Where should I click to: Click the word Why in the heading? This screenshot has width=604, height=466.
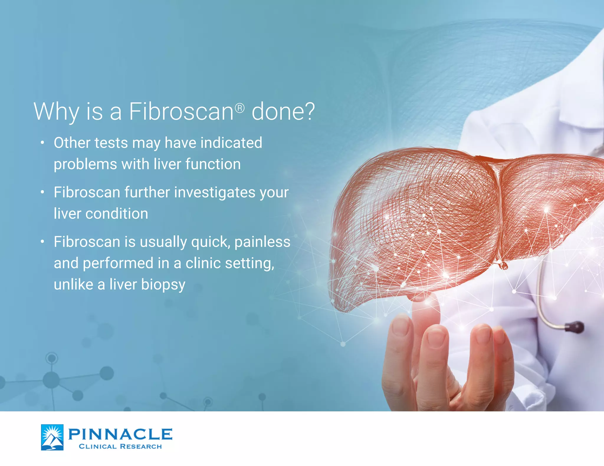(x=56, y=112)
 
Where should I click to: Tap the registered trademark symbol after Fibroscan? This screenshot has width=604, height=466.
(x=240, y=108)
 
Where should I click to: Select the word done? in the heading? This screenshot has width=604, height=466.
(x=283, y=112)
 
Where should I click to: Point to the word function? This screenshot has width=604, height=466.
(x=213, y=164)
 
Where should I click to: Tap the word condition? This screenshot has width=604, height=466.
(x=117, y=214)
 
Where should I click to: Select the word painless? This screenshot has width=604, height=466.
(x=262, y=242)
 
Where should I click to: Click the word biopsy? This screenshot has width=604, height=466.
(x=163, y=285)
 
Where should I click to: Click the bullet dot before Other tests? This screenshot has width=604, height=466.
(x=42, y=143)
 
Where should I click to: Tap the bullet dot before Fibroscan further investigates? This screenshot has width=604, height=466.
(x=42, y=192)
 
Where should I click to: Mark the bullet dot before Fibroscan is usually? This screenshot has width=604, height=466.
(x=42, y=242)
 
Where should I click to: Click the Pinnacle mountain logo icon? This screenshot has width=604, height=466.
(x=52, y=437)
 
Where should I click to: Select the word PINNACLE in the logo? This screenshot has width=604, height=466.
(x=120, y=434)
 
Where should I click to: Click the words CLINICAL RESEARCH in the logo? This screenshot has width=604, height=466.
(x=120, y=447)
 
